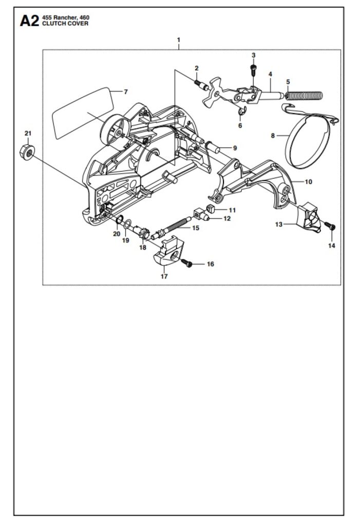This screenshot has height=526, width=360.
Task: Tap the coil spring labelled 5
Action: (304, 96)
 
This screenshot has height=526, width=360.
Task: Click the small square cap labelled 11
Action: (210, 209)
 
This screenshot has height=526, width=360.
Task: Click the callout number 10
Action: (308, 182)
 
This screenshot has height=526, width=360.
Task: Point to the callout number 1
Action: (179, 40)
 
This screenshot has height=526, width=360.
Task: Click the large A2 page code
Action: (29, 21)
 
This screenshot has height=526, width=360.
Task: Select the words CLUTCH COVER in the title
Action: (65, 24)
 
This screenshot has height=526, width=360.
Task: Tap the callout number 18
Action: (143, 248)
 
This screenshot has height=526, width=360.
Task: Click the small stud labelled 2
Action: (201, 84)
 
